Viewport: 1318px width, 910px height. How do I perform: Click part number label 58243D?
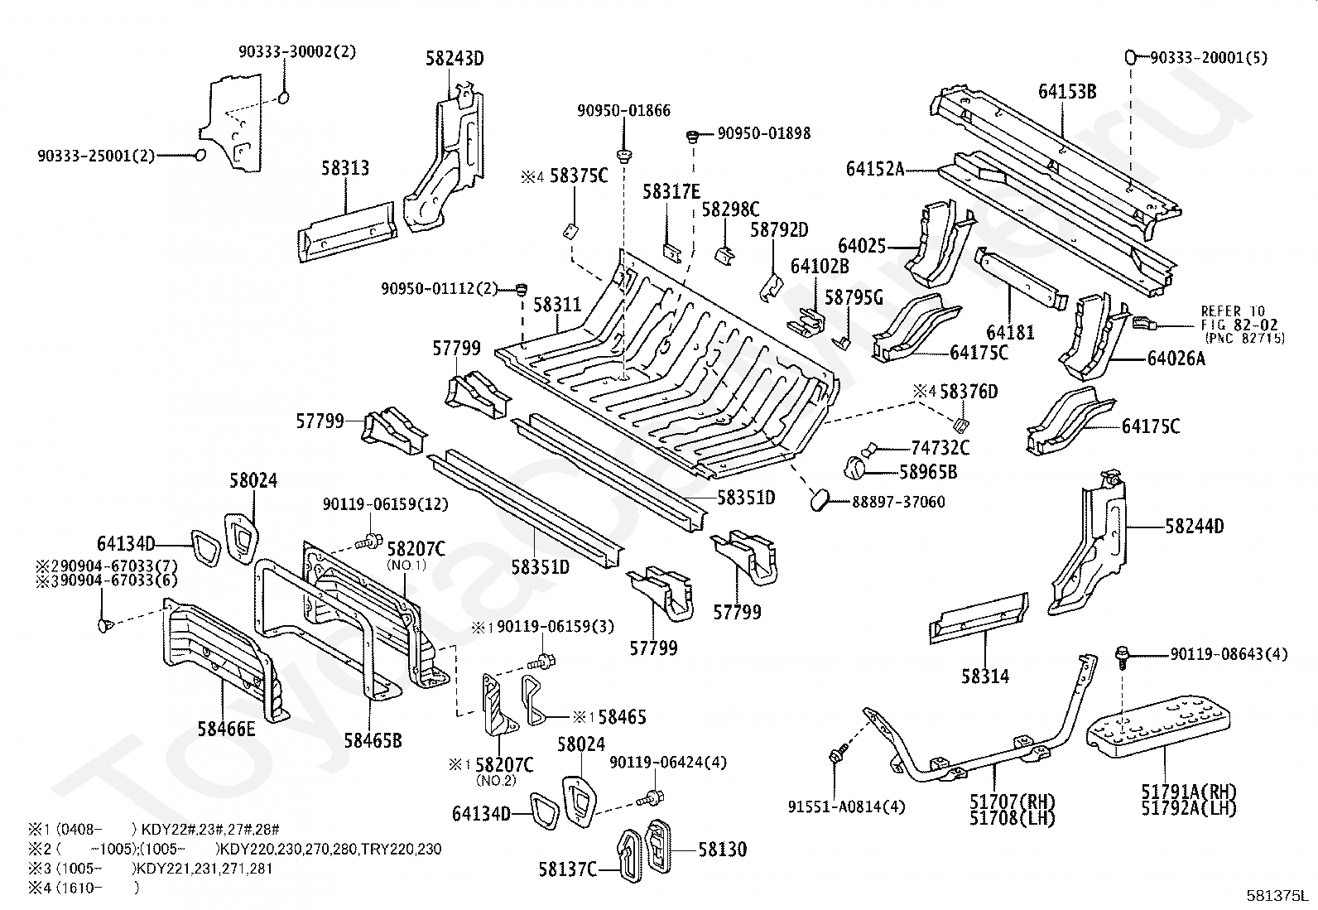pos(455,59)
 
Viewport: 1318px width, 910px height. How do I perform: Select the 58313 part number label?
pos(345,168)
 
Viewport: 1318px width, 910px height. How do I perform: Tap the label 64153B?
pos(1067,92)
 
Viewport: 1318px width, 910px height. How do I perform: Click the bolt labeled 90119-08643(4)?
pos(1123,657)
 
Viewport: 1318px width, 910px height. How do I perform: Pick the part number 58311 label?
pos(557,305)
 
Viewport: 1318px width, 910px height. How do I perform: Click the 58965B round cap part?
pos(855,470)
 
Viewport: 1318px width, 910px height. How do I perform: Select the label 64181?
pos(1010,333)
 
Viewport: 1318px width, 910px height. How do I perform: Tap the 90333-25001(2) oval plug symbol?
pos(200,156)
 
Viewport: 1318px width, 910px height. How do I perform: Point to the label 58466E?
pos(227,729)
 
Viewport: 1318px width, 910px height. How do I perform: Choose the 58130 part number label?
pos(723,850)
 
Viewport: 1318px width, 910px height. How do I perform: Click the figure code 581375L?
pos(1279,895)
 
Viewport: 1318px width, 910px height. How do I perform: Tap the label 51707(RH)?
pos(1013,801)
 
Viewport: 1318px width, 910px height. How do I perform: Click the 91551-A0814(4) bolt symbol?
pos(835,755)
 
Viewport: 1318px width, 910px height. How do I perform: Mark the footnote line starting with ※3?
pos(151,869)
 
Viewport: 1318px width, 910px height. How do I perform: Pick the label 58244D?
pos(1195,527)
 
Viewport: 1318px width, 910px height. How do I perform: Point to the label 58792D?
pos(779,230)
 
